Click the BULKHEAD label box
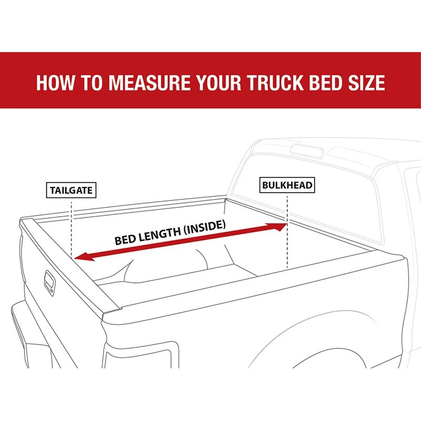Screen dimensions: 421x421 [287, 185]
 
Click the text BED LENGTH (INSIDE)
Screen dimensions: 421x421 [170, 233]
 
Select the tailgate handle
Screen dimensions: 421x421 [49, 280]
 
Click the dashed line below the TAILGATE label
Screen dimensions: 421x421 [72, 226]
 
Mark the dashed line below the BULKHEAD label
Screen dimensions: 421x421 [287, 232]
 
